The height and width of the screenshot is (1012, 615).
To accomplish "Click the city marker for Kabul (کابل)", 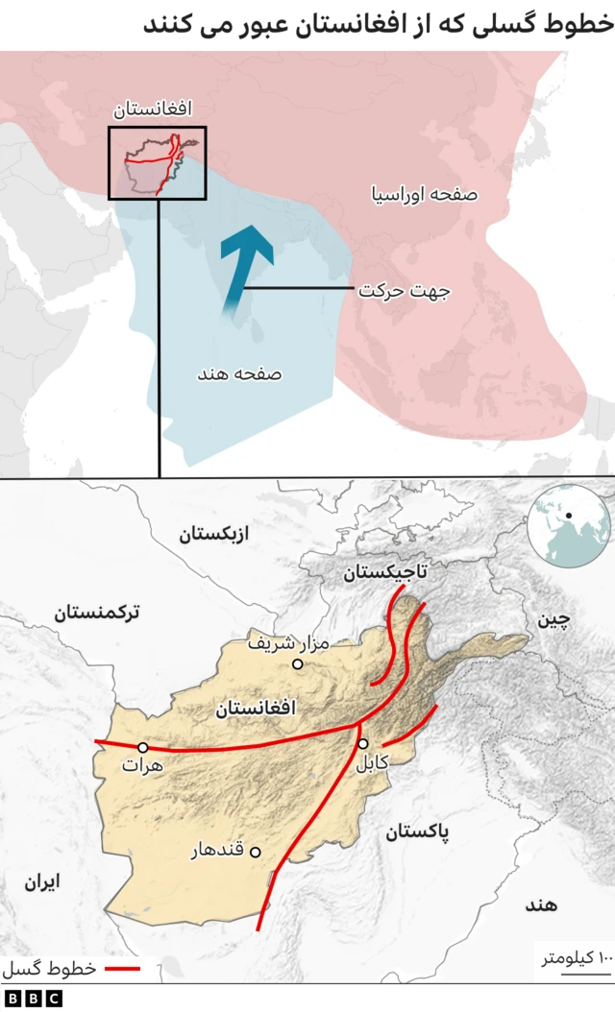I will point(363,743).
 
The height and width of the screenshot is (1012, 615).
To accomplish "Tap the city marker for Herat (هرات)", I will point(143,747).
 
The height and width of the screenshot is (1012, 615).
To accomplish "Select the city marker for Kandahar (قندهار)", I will point(257,851).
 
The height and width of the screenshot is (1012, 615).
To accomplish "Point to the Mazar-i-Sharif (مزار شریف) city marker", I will point(298,663).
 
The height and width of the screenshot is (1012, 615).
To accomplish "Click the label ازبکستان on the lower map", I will point(212,534).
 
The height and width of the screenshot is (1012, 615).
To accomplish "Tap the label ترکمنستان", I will point(97,612).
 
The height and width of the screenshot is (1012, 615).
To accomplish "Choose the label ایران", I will point(41,881).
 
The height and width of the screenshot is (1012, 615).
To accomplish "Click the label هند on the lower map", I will point(543,904).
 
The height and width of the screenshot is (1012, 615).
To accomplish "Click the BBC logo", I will point(32,999).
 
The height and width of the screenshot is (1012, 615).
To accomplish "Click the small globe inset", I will point(569,526).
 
